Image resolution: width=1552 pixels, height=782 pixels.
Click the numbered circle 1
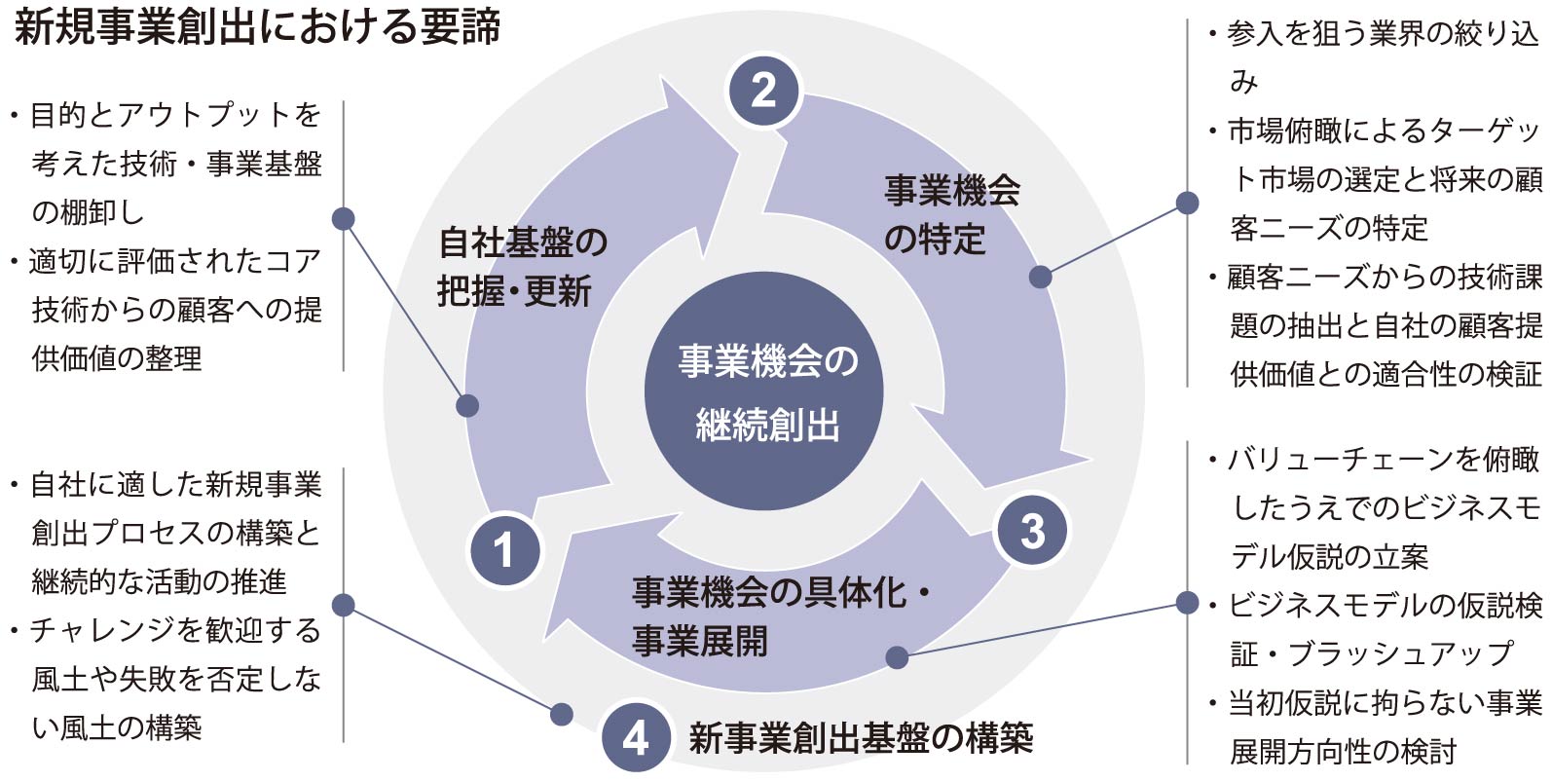504,549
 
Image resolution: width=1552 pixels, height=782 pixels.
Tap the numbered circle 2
764,92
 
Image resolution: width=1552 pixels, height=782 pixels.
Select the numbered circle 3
1032,531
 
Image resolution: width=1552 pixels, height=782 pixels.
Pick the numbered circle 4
636,737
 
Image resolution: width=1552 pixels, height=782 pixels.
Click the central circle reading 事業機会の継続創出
765,392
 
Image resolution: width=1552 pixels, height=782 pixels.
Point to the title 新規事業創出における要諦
258,27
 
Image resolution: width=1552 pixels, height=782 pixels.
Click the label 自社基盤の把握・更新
523,266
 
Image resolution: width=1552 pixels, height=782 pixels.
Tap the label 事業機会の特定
951,214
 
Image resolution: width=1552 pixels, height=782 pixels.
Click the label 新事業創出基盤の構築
861,738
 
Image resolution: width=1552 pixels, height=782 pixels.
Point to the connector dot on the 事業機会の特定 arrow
1040,277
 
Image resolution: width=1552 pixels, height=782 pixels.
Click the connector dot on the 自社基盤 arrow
467,405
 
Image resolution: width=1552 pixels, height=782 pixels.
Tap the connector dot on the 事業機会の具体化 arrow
897,657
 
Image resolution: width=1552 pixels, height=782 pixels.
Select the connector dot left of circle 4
561,714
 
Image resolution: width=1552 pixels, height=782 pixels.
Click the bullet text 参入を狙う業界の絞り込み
1373,56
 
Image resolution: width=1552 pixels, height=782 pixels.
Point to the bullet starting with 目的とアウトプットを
175,163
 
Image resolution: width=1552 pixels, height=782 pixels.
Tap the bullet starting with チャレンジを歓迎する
175,678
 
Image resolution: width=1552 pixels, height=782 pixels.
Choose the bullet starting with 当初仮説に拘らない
1373,726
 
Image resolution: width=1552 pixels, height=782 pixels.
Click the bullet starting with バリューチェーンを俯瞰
1373,507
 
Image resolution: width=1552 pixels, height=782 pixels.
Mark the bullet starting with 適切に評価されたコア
175,309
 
